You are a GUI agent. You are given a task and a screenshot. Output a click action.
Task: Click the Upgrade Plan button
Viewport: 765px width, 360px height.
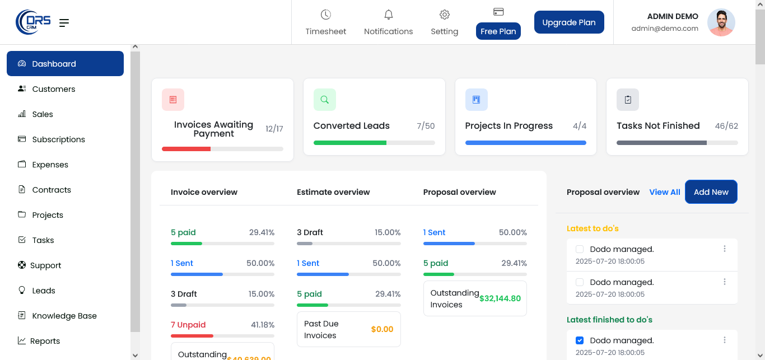tap(569, 22)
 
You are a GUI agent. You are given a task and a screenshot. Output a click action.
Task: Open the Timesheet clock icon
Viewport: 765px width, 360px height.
tap(326, 15)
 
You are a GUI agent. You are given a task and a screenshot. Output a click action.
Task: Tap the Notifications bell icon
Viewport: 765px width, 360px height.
tap(388, 15)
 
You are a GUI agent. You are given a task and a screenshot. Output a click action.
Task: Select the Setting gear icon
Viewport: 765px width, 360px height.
tap(445, 15)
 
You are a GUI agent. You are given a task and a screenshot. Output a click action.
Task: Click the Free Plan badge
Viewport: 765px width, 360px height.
tap(498, 31)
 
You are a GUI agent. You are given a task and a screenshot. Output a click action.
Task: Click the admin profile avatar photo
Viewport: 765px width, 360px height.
tap(721, 22)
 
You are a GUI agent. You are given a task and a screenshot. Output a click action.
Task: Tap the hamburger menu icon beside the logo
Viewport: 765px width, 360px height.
tap(64, 23)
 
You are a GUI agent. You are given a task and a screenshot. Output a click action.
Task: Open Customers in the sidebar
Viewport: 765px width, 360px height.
tap(53, 89)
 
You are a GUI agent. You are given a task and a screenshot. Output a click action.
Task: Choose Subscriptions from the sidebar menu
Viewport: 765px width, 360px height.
tap(58, 139)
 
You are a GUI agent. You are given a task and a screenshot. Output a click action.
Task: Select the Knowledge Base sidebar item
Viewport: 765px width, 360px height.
tap(64, 316)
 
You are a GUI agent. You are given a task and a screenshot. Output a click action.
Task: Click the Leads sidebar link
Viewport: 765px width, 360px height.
tap(44, 291)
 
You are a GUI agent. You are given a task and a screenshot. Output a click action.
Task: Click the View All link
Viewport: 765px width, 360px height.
tap(665, 192)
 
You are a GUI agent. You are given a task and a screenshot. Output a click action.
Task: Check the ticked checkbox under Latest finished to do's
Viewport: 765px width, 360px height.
tap(580, 340)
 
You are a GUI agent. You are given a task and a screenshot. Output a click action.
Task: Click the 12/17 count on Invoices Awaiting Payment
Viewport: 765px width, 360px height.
tap(274, 129)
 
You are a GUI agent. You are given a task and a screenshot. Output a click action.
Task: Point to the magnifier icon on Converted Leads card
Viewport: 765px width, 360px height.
tap(325, 100)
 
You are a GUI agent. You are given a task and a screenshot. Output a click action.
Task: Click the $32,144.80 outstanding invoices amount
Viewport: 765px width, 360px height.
tap(500, 298)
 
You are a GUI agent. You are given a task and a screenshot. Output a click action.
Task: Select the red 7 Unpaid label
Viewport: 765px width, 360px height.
tap(188, 325)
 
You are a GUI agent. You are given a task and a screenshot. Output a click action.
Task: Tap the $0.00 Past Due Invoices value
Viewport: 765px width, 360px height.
tap(382, 329)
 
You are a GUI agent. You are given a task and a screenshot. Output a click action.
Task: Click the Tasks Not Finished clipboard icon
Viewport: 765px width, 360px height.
tap(628, 100)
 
